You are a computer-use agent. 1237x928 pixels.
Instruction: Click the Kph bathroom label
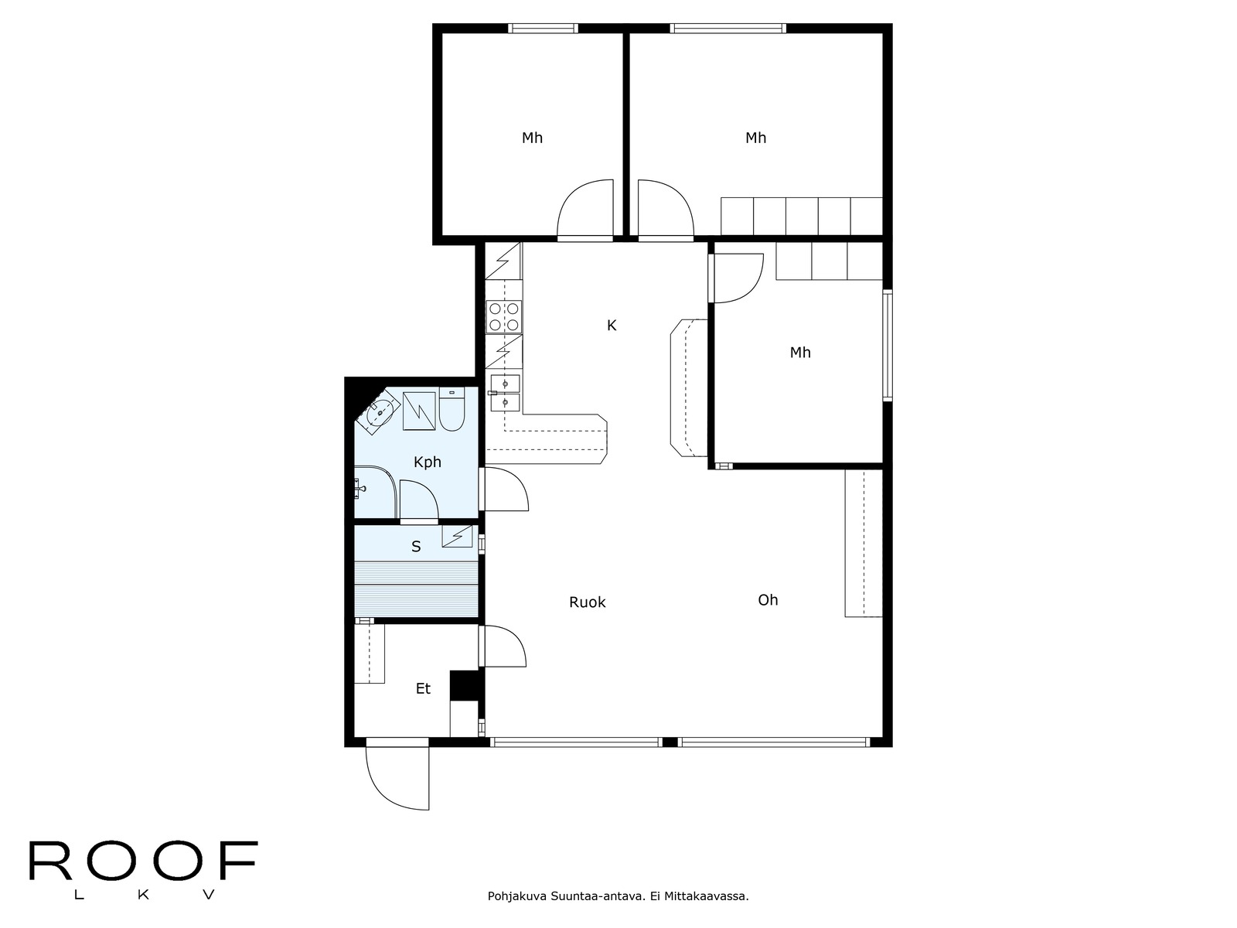click(x=428, y=462)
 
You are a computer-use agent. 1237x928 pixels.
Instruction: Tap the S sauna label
click(x=416, y=547)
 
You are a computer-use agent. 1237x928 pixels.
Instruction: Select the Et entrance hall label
click(x=423, y=688)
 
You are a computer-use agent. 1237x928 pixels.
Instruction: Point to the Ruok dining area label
click(x=588, y=602)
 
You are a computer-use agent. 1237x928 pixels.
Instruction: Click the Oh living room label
click(x=768, y=600)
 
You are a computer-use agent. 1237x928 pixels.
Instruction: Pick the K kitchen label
click(x=612, y=325)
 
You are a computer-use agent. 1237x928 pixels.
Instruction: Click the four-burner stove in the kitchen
click(x=504, y=316)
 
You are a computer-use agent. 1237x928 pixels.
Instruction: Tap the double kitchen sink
click(x=505, y=393)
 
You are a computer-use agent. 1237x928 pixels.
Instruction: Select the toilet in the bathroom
click(x=452, y=409)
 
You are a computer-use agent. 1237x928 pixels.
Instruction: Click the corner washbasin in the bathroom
click(x=380, y=412)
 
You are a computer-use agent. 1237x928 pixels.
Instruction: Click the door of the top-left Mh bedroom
click(x=585, y=210)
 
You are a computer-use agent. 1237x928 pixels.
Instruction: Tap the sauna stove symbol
click(x=457, y=536)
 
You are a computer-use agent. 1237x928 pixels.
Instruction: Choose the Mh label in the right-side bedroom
click(x=800, y=353)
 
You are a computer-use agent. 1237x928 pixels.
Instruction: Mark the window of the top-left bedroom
click(x=543, y=28)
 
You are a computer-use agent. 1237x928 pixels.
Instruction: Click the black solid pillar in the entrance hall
click(x=467, y=685)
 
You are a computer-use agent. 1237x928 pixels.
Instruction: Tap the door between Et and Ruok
click(x=503, y=647)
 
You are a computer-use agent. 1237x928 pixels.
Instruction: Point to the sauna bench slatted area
click(x=416, y=589)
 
